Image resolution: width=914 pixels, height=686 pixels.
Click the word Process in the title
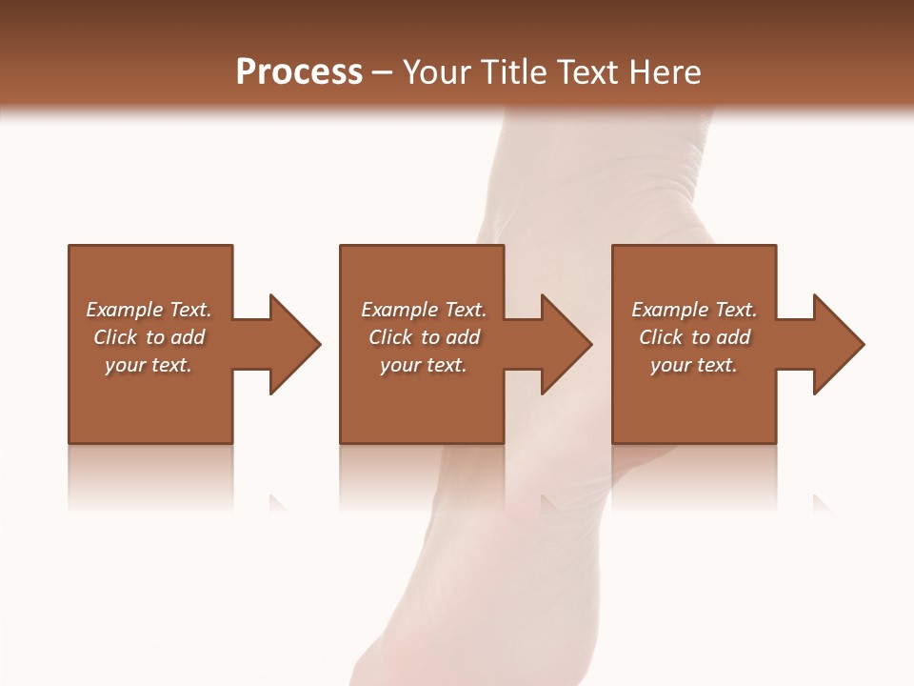299,72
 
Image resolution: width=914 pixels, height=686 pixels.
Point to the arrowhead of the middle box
566,344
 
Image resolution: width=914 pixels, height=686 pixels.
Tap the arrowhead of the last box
838,344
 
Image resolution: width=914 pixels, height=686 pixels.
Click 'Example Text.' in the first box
149,310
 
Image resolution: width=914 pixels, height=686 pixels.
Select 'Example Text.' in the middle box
423,310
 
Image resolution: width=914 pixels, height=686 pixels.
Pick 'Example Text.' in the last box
694,310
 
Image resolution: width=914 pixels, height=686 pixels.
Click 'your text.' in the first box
149,365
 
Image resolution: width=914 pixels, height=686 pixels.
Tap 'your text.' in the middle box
423,365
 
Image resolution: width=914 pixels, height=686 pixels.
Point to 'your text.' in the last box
694,365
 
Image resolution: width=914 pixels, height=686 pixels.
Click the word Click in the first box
115,337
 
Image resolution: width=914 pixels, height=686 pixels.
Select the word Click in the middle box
390,337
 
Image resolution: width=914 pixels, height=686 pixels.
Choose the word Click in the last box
661,337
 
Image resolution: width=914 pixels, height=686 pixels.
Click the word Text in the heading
587,72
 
